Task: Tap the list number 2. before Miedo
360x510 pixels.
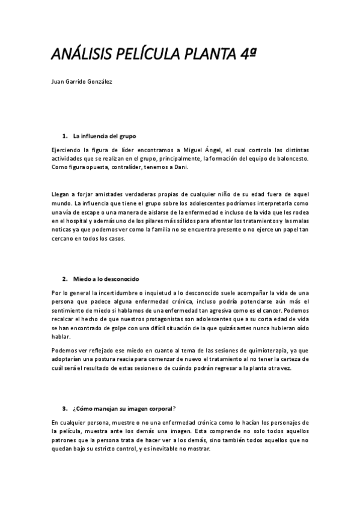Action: [64, 280]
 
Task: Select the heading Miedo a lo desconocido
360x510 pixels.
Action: [106, 280]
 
